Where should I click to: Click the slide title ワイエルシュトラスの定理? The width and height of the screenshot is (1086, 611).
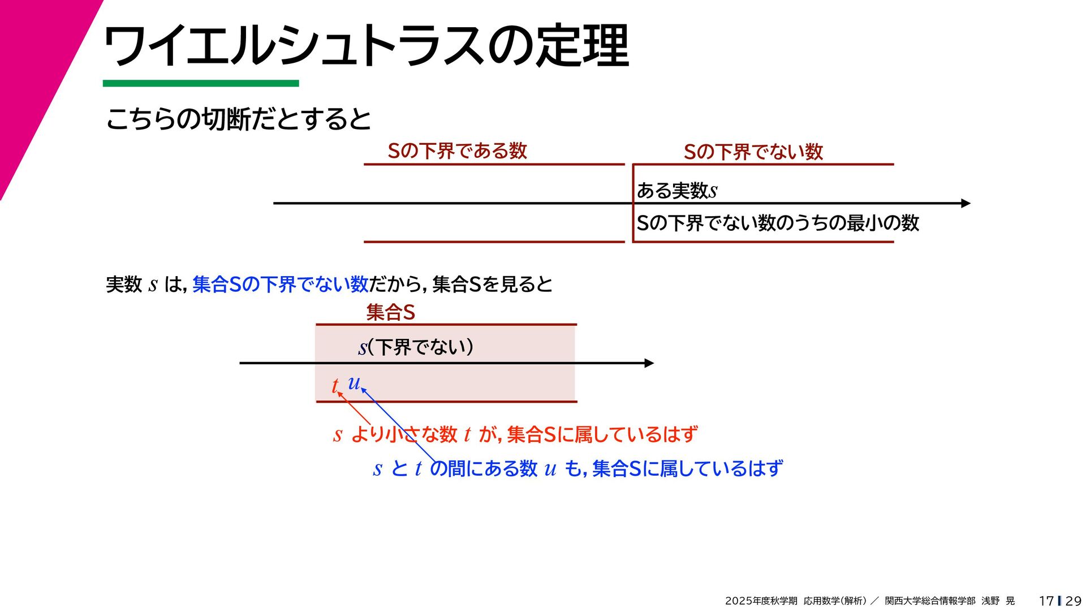tap(365, 46)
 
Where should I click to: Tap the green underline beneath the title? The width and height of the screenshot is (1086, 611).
tap(200, 84)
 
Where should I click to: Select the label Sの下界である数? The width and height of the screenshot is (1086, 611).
tap(457, 151)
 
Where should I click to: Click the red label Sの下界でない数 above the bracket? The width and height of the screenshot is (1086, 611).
tap(753, 152)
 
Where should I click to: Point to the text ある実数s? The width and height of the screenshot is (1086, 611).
tap(676, 191)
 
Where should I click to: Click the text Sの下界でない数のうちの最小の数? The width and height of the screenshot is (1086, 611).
tap(777, 223)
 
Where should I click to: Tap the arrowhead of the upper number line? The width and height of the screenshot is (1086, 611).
tap(966, 203)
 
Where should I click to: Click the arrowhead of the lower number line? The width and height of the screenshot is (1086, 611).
tap(649, 363)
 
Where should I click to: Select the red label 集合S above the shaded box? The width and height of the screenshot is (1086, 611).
tap(390, 312)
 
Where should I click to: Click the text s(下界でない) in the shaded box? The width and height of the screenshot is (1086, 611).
tap(416, 347)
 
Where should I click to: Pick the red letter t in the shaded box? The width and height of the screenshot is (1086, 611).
tap(335, 386)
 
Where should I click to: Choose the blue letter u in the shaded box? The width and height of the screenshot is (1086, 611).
tap(354, 383)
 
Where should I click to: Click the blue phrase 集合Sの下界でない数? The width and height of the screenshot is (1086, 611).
tap(281, 284)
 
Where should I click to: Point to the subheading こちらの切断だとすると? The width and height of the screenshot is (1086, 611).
tap(238, 119)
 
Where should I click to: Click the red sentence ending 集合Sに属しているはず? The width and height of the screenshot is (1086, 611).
tap(515, 434)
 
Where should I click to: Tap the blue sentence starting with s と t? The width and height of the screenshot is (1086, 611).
tap(578, 468)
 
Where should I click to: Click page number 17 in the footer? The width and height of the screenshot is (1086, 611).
tap(1046, 601)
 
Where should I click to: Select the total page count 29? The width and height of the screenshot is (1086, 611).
tap(1073, 601)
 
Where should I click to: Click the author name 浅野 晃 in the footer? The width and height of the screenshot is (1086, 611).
tap(998, 601)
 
